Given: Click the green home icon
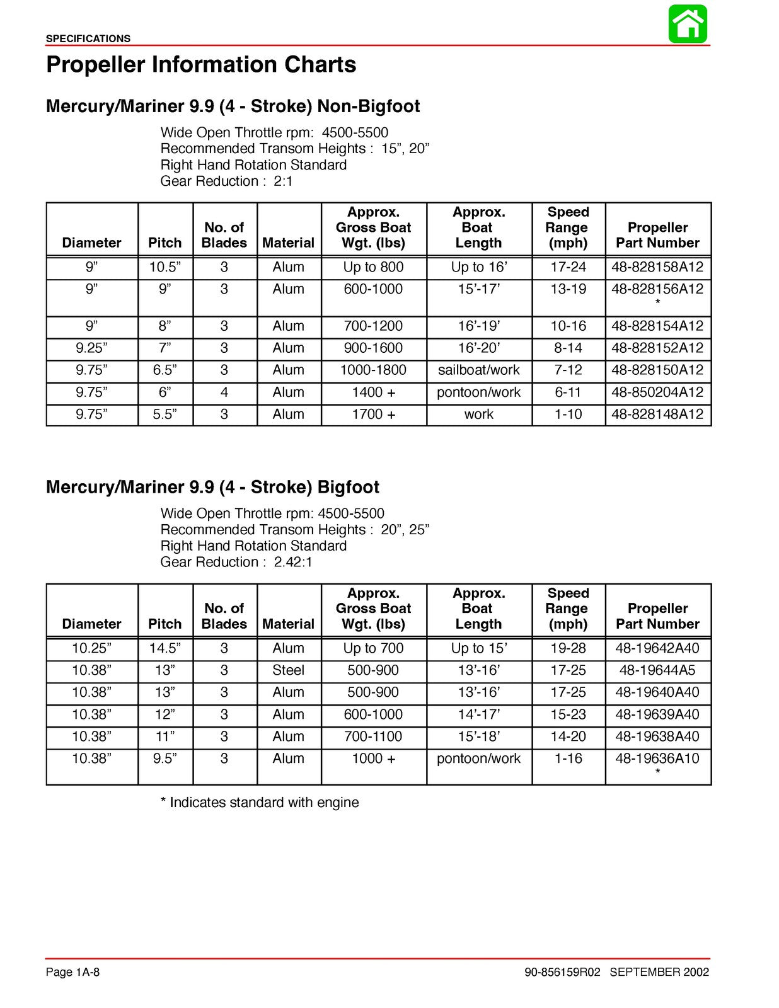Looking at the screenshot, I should pyautogui.click(x=688, y=24).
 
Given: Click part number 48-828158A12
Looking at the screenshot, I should pyautogui.click(x=657, y=267).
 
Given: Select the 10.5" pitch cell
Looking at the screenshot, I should pyautogui.click(x=165, y=267).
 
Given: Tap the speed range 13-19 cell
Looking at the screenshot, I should pyautogui.click(x=568, y=289).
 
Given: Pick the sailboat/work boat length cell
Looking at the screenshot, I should pyautogui.click(x=478, y=370).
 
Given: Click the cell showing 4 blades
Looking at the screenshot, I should pyautogui.click(x=224, y=392).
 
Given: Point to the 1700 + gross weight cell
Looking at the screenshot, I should pyautogui.click(x=373, y=414).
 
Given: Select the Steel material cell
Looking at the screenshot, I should pyautogui.click(x=288, y=670).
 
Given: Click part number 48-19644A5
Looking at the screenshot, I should pyautogui.click(x=657, y=670).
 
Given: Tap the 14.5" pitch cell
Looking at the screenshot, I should pyautogui.click(x=165, y=648).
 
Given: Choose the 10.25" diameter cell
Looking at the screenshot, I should pyautogui.click(x=91, y=648).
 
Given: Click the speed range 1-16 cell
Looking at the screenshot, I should pyautogui.click(x=568, y=759).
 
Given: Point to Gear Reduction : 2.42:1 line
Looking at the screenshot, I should pyautogui.click(x=236, y=562).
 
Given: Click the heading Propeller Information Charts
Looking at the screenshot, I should pyautogui.click(x=201, y=65).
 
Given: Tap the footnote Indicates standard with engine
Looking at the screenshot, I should pyautogui.click(x=260, y=803).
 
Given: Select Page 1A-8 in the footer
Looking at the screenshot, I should pyautogui.click(x=72, y=972).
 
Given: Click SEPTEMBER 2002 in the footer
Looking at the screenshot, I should pyautogui.click(x=659, y=972).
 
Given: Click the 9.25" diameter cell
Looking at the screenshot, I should pyautogui.click(x=91, y=348).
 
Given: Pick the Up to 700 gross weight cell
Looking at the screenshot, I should pyautogui.click(x=373, y=648).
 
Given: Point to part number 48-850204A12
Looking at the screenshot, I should pyautogui.click(x=657, y=392).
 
